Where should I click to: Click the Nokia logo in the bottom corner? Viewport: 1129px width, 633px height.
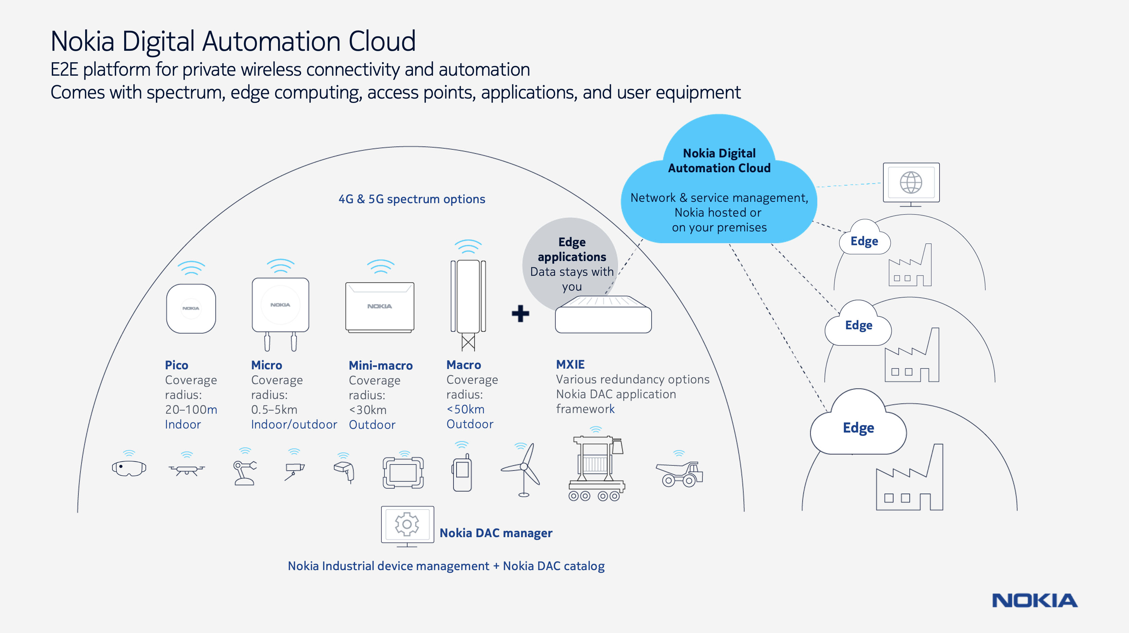coord(1034,601)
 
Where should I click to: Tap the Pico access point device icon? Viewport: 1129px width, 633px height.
coord(191,308)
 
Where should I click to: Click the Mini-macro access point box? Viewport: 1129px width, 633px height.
coord(380,307)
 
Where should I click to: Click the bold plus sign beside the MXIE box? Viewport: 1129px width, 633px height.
coord(520,314)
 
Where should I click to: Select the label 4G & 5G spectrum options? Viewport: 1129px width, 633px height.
coord(412,199)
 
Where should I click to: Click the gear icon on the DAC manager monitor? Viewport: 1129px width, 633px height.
coord(407,524)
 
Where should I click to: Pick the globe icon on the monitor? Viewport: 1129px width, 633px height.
coord(911,182)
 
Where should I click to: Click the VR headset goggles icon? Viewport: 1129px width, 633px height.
coord(129,468)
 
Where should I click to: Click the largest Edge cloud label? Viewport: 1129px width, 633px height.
coord(858,428)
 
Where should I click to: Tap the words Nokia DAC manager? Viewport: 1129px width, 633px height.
coord(496,533)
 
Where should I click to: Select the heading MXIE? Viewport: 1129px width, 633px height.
coord(570,365)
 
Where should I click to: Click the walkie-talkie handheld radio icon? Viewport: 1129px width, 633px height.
coord(462,474)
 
